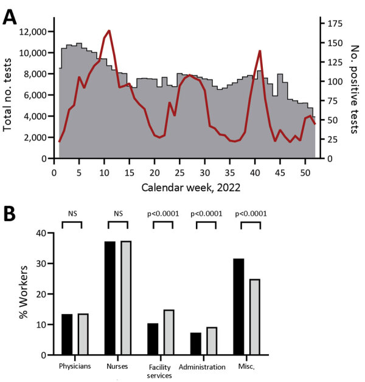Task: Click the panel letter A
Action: [10, 16]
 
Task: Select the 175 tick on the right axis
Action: [333, 23]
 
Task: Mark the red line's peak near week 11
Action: [109, 30]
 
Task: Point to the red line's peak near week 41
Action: [260, 50]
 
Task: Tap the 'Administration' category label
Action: [202, 367]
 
